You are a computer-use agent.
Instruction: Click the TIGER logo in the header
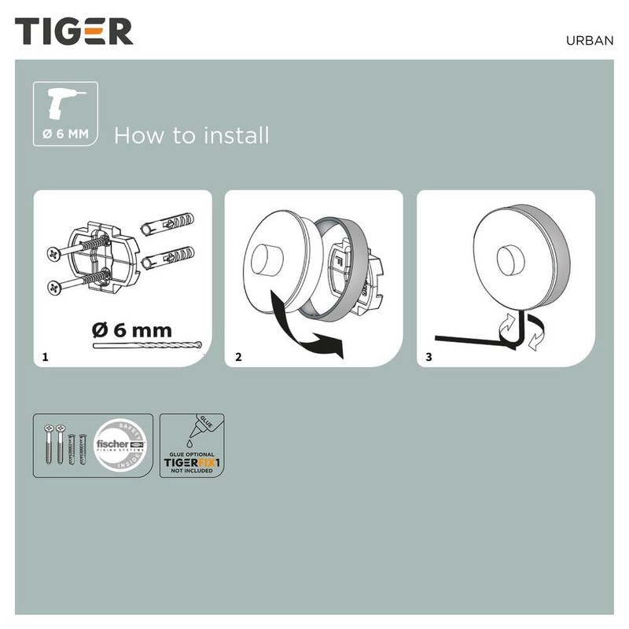point(74,31)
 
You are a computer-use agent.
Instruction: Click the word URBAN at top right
point(588,41)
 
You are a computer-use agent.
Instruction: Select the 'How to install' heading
point(191,135)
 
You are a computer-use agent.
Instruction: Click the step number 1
point(46,357)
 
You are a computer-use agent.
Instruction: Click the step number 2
point(238,357)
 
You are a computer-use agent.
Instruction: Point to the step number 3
point(429,357)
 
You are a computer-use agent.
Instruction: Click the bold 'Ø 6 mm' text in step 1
point(131,330)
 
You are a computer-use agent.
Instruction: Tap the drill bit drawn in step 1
point(147,346)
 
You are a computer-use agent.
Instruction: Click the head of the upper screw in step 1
point(53,254)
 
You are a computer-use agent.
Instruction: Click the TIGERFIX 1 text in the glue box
point(192,464)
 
